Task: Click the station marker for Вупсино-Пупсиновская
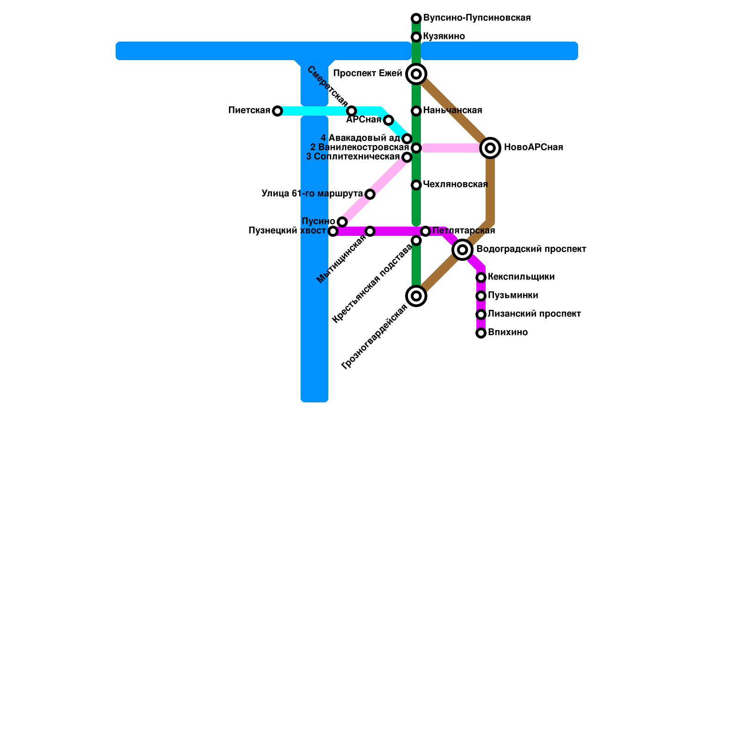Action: tap(416, 18)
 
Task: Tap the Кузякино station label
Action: tap(444, 37)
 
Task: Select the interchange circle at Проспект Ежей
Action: tap(416, 74)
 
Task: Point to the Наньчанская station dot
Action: tap(416, 111)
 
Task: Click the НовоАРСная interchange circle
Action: tap(491, 148)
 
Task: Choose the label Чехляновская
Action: tap(455, 185)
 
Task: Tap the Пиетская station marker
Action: tap(277, 111)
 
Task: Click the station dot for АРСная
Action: tap(388, 121)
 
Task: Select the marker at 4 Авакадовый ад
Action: tap(407, 139)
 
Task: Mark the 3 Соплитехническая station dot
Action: tap(407, 157)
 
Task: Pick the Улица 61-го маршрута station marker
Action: tap(370, 194)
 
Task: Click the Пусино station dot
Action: tap(342, 222)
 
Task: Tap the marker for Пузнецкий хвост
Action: tap(333, 231)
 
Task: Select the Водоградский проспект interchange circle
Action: tap(462, 250)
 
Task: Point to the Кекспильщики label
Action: tap(521, 277)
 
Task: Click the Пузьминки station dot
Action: tap(481, 296)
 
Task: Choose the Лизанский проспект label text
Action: tap(534, 314)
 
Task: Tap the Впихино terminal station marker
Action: tap(481, 333)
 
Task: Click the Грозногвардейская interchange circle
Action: tap(416, 296)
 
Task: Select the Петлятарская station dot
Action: tap(425, 231)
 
